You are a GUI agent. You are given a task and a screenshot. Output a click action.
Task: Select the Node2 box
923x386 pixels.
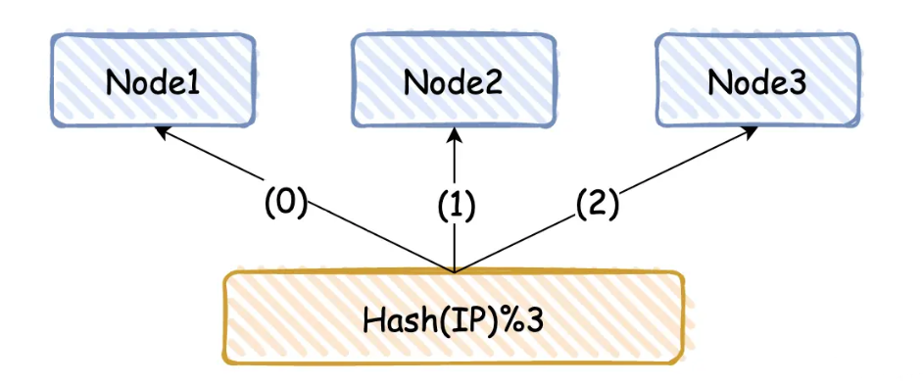pyautogui.click(x=454, y=81)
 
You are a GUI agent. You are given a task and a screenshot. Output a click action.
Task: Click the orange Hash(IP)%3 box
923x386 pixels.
pyautogui.click(x=453, y=318)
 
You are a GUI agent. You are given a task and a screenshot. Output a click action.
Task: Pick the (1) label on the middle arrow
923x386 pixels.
pyautogui.click(x=454, y=205)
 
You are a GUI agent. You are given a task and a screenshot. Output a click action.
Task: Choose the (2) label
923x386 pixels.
pyautogui.click(x=598, y=203)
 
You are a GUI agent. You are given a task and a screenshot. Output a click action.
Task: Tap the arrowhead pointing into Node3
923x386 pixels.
pyautogui.click(x=749, y=131)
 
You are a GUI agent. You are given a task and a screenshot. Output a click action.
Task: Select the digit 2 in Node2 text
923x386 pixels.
pyautogui.click(x=492, y=82)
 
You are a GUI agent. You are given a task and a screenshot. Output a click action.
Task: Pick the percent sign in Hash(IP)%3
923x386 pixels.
pyautogui.click(x=499, y=319)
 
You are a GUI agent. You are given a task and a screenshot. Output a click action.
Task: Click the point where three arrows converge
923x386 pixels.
pyautogui.click(x=454, y=270)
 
